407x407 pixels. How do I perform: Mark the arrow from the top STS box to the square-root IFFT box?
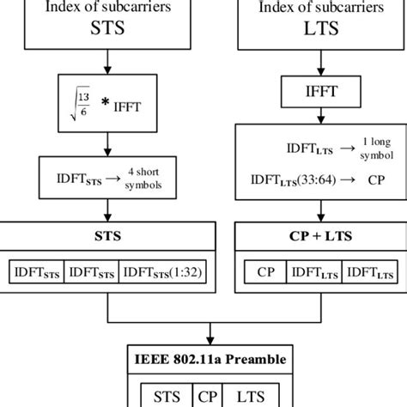point(106,66)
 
